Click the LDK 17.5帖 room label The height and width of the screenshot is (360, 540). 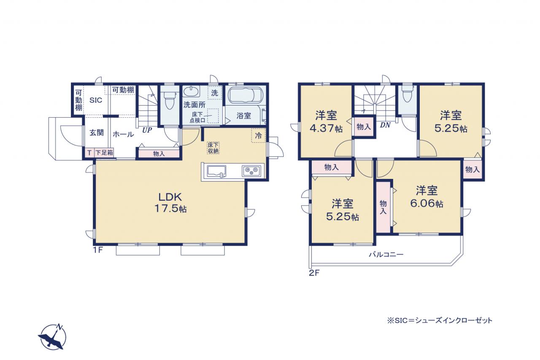point(170,203)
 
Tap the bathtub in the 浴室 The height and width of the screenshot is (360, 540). point(245,95)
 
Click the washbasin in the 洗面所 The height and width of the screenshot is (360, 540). point(192,92)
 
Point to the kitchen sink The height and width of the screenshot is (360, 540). point(216,171)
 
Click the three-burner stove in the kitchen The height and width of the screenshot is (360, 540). point(251,171)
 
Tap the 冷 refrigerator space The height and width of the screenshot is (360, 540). point(259,135)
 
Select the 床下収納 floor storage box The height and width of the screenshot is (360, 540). point(213,148)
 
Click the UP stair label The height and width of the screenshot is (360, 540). point(147,130)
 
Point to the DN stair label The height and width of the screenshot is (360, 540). point(385,125)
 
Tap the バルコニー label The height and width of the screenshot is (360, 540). point(386,254)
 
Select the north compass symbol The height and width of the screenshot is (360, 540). point(52,337)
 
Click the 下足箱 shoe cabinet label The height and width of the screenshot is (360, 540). point(104,153)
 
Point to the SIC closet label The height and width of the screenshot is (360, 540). point(96,100)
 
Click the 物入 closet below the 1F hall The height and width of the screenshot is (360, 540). point(159,154)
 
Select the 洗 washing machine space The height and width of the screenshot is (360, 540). point(215,93)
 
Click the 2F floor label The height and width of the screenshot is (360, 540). point(314,273)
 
